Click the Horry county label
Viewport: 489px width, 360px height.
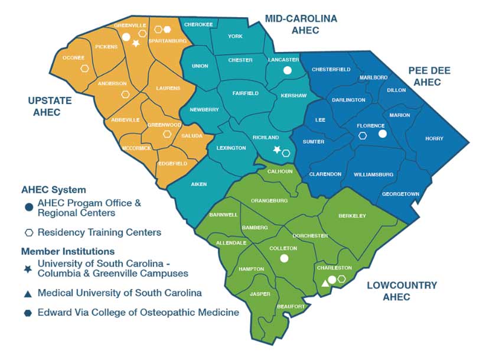[x=438, y=139]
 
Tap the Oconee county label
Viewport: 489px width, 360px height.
[x=74, y=58]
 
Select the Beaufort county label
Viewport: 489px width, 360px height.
[x=291, y=307]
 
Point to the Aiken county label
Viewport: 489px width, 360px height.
[x=199, y=184]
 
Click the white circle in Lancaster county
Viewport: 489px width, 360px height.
[x=288, y=70]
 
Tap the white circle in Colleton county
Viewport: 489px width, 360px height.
[x=284, y=258]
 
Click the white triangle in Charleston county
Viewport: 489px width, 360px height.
[x=324, y=284]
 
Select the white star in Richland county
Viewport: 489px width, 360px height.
[x=277, y=150]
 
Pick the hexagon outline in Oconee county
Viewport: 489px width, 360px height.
[x=85, y=69]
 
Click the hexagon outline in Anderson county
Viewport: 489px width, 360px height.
[x=125, y=94]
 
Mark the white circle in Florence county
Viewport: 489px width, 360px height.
[x=382, y=134]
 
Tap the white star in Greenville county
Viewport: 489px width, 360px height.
[x=136, y=43]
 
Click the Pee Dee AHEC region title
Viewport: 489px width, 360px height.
[x=429, y=76]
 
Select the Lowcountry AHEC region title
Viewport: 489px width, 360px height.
[x=402, y=291]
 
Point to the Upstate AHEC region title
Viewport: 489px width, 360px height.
[x=50, y=106]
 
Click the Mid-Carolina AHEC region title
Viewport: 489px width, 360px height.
[x=301, y=24]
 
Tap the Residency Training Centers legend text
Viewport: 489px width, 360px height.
[x=99, y=232]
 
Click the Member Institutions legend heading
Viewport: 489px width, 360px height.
[x=68, y=251]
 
